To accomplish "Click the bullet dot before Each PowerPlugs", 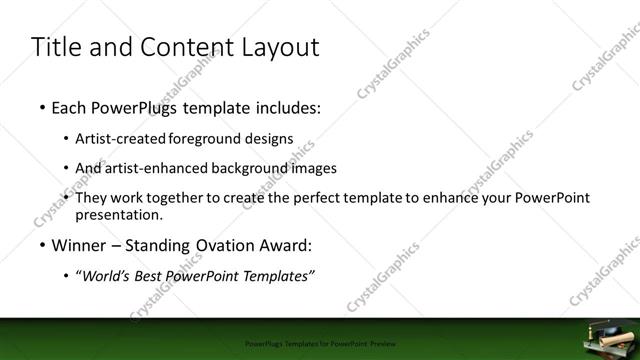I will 41,105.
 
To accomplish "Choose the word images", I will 312,168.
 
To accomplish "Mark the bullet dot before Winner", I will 41,245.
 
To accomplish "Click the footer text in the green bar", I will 320,342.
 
